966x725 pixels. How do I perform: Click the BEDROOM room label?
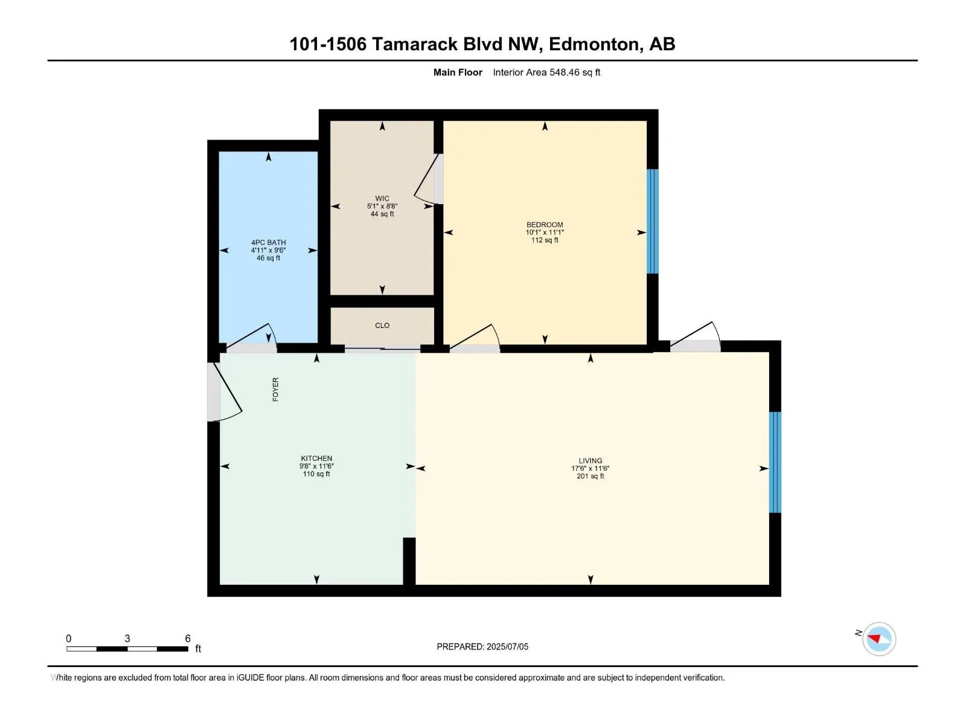545,225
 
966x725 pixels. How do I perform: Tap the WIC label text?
382,198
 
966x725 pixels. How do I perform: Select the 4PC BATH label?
269,242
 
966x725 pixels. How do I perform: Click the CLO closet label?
382,326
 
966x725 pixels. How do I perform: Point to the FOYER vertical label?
275,390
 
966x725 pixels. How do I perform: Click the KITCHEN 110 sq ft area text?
316,474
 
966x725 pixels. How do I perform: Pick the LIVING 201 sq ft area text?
590,477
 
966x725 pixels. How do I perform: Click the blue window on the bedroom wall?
652,221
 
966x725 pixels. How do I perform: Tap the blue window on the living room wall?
775,462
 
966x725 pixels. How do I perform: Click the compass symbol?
878,639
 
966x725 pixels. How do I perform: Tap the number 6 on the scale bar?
188,639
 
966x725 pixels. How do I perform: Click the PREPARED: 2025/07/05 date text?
482,646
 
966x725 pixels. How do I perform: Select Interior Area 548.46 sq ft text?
546,72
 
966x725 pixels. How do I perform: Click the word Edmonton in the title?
594,44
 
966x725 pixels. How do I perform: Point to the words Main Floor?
458,72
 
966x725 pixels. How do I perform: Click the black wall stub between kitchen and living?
409,560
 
